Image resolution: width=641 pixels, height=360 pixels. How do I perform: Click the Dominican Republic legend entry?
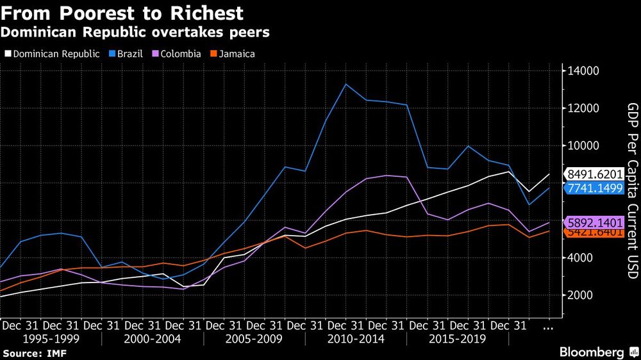point(53,54)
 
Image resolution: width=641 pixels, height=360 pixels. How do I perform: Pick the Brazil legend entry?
point(129,54)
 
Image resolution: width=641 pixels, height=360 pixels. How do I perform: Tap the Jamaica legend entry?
point(233,54)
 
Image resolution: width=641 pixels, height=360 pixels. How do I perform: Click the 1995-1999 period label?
point(51,339)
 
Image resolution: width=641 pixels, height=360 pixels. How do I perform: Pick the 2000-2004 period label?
point(153,339)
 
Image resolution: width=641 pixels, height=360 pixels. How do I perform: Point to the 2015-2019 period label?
point(458,339)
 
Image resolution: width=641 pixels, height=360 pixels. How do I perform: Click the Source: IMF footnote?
point(35,353)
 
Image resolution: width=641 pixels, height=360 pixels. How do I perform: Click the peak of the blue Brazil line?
point(346,84)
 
